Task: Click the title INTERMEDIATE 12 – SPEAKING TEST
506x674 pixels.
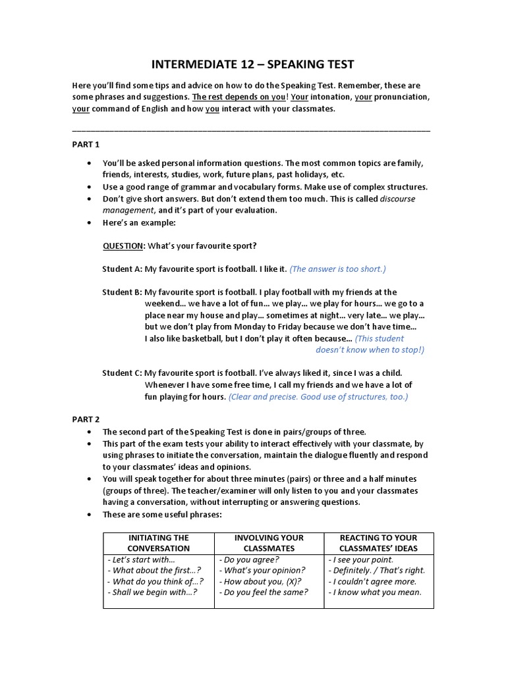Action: click(x=253, y=64)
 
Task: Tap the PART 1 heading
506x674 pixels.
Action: click(x=86, y=144)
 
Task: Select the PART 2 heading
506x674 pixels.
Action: click(x=86, y=418)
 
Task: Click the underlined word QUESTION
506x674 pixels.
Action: click(x=123, y=246)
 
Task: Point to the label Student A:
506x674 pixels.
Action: click(x=122, y=269)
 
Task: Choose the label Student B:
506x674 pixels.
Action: click(x=122, y=292)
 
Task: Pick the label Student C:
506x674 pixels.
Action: click(x=122, y=373)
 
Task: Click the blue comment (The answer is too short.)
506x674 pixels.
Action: click(x=338, y=269)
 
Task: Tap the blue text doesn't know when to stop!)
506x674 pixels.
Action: click(x=370, y=350)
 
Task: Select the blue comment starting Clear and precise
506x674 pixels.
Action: click(x=318, y=396)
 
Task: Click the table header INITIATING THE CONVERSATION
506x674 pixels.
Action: click(x=158, y=543)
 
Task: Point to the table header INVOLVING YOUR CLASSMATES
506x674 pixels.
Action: click(x=269, y=543)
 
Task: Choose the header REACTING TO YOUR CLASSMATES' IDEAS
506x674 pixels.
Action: click(x=378, y=543)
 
